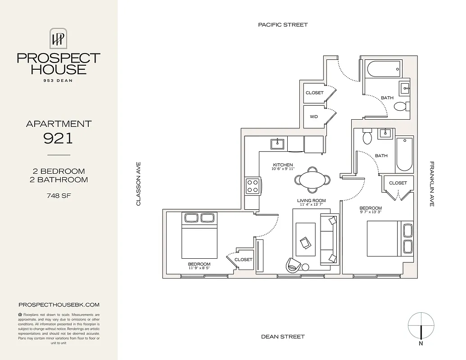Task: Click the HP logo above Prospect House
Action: pyautogui.click(x=58, y=39)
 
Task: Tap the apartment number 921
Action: pyautogui.click(x=58, y=138)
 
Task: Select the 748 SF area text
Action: pyautogui.click(x=58, y=195)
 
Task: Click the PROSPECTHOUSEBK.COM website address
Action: pyautogui.click(x=59, y=305)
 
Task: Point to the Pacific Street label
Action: pyautogui.click(x=283, y=25)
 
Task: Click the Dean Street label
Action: pyautogui.click(x=283, y=337)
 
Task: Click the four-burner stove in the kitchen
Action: pyautogui.click(x=253, y=186)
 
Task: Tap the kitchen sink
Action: pyautogui.click(x=277, y=144)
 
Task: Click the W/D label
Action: pyautogui.click(x=314, y=117)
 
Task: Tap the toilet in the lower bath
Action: pyautogui.click(x=367, y=137)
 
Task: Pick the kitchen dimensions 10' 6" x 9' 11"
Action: pyautogui.click(x=282, y=169)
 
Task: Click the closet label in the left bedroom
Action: pyautogui.click(x=244, y=260)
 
